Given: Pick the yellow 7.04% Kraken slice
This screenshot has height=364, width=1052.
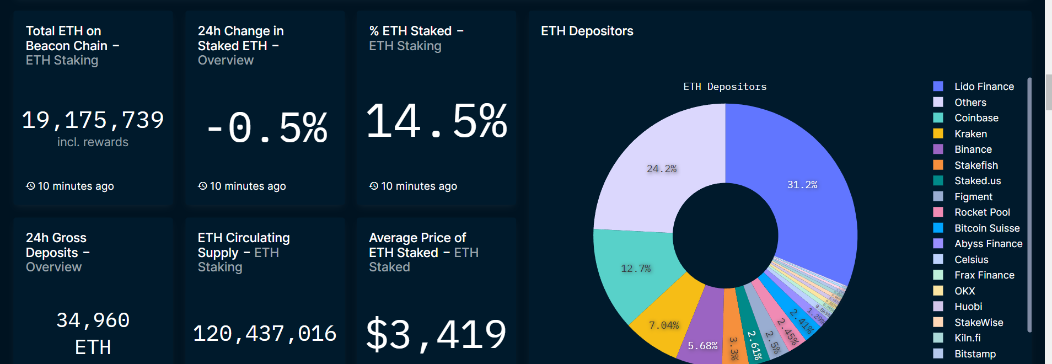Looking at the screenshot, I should [x=664, y=325].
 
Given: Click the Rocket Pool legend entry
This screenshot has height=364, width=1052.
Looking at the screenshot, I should [x=982, y=212].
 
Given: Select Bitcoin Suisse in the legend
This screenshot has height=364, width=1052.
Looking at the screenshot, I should [x=987, y=228].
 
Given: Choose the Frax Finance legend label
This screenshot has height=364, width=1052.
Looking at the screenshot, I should [x=984, y=275].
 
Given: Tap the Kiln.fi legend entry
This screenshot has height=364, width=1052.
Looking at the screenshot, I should [x=967, y=338].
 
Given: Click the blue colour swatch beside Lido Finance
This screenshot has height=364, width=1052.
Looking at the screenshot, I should [x=938, y=87].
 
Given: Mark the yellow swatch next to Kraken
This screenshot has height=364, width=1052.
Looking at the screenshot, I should [x=938, y=134].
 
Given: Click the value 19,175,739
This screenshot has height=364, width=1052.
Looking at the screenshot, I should [x=93, y=120].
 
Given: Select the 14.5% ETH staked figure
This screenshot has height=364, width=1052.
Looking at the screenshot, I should [x=436, y=121].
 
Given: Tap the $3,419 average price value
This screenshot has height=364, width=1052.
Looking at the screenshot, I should [x=436, y=334].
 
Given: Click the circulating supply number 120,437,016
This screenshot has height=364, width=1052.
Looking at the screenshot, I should [x=265, y=334].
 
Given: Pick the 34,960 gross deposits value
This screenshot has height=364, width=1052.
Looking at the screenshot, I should [x=93, y=320].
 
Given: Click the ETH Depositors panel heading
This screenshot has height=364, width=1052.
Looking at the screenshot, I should [x=587, y=31].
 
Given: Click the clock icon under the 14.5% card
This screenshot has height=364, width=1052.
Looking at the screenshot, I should [x=374, y=186].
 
